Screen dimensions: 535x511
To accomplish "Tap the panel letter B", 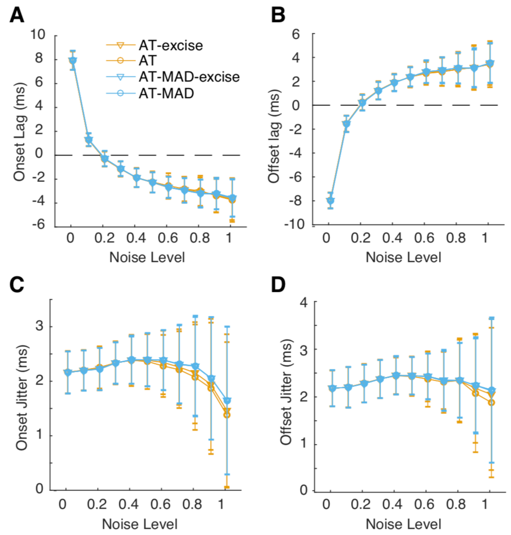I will tap(278, 15).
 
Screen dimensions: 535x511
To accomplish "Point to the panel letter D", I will tap(278, 284).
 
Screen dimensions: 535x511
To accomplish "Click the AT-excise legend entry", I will tap(170, 46).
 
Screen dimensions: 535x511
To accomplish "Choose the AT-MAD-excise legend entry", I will tap(189, 77).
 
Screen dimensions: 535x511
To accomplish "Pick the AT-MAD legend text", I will tap(166, 93).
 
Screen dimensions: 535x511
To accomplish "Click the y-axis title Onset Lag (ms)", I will tap(20, 132).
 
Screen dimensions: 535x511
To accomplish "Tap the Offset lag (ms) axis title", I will tap(274, 136).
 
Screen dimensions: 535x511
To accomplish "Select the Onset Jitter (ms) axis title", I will tap(22, 397).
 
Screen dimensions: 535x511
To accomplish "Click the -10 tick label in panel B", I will tap(294, 224).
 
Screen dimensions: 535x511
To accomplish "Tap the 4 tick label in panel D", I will tap(304, 302).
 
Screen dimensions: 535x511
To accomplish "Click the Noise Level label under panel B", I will tap(403, 257).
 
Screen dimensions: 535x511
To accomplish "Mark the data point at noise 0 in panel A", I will tap(72, 60).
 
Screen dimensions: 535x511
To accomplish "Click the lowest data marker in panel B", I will tap(330, 201).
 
